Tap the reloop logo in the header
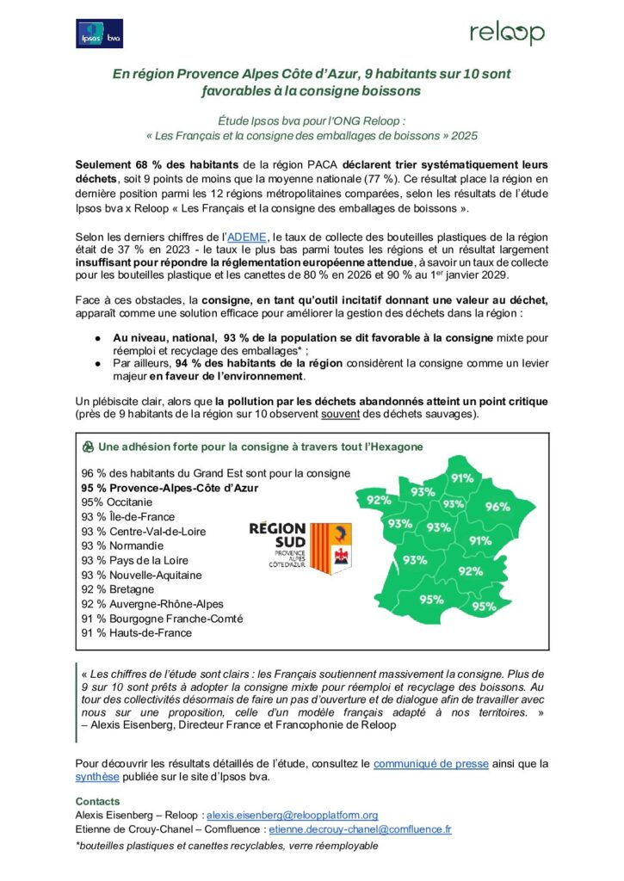(507, 34)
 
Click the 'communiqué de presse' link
(431, 763)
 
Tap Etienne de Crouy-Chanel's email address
(361, 829)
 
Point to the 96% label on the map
(497, 507)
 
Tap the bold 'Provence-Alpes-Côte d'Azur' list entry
(170, 488)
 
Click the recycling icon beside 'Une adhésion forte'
(88, 447)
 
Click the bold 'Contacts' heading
(98, 800)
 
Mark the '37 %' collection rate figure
(120, 251)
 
